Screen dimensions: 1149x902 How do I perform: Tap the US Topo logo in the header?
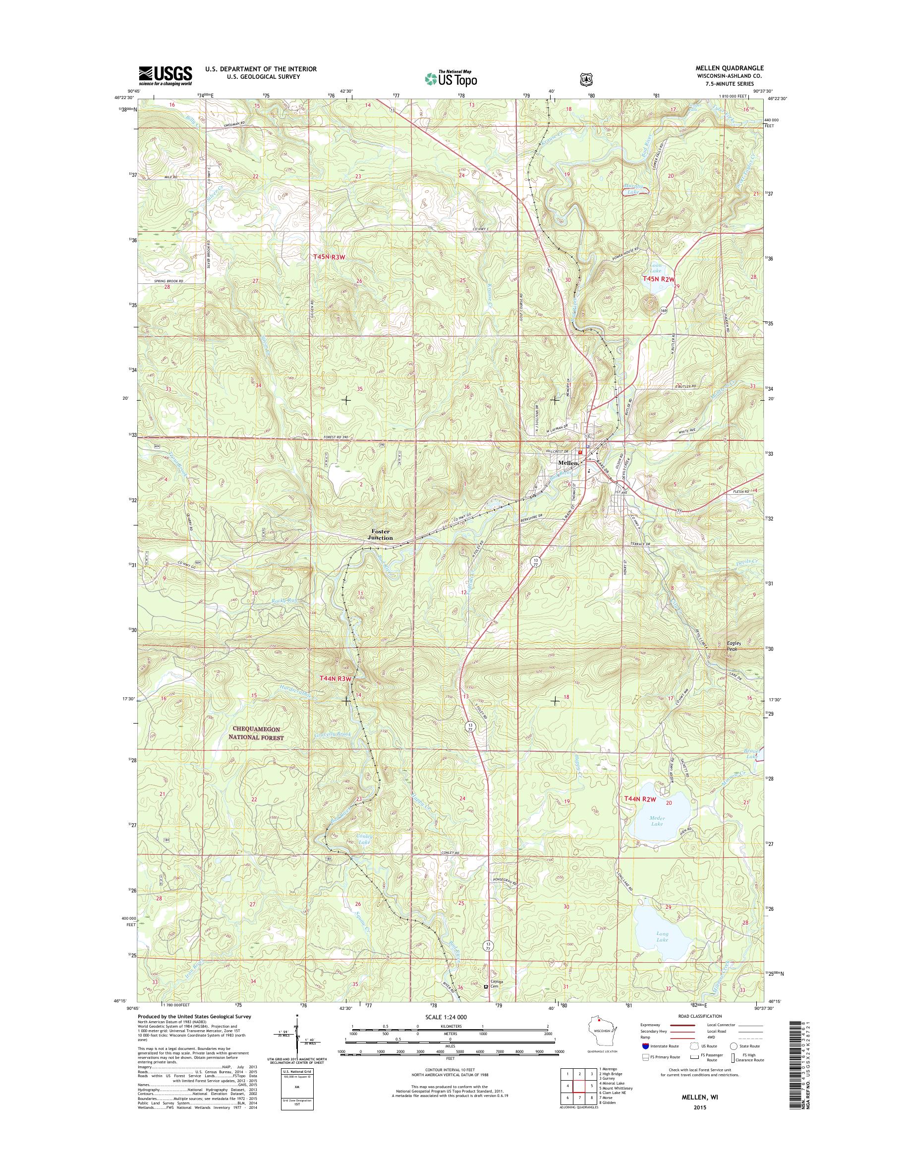[x=451, y=78]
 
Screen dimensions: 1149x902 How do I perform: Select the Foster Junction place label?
[x=380, y=534]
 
